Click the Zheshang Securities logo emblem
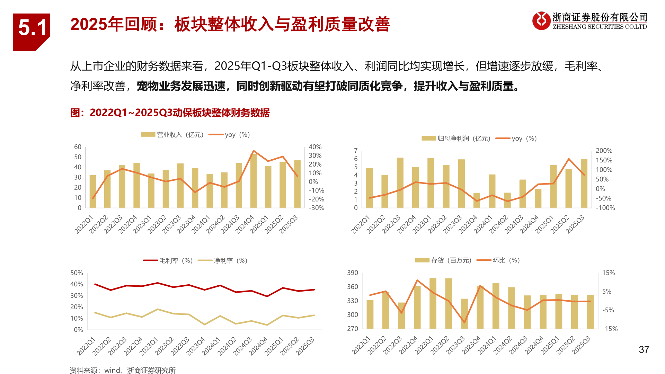(x=541, y=21)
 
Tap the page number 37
(x=644, y=350)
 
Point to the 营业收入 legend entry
(x=172, y=135)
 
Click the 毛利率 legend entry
(x=168, y=261)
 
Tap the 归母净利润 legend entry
(x=456, y=139)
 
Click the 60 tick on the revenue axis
(x=78, y=147)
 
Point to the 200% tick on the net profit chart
(x=604, y=151)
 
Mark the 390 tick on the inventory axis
(x=353, y=273)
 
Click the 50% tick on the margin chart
(x=77, y=273)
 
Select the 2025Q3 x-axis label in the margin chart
(x=305, y=346)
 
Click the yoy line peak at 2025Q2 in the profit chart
(x=569, y=159)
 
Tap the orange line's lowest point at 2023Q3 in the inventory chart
(x=464, y=322)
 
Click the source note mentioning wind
(x=123, y=371)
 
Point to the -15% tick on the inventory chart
(x=610, y=329)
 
